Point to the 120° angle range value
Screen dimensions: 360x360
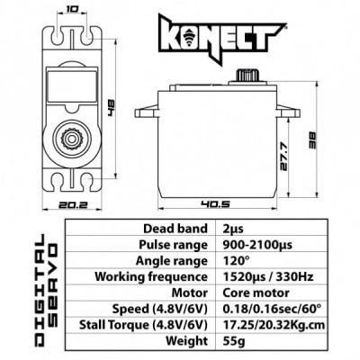tap(232, 261)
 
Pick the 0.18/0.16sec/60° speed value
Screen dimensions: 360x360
tap(267, 310)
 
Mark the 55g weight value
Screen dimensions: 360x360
tap(230, 342)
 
